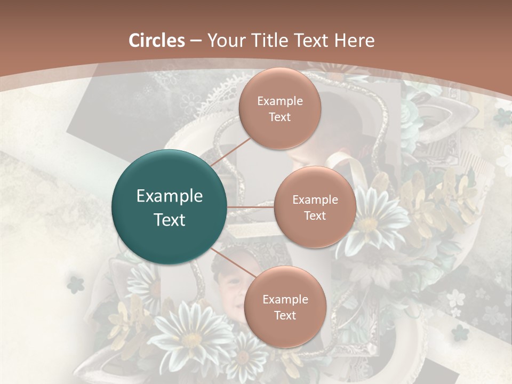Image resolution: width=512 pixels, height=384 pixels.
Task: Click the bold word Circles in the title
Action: pos(157,41)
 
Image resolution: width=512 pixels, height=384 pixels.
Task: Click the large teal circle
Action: pos(170,207)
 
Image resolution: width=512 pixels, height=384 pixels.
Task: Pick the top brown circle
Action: pos(279,108)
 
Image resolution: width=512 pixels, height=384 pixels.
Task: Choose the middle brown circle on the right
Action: pos(315,207)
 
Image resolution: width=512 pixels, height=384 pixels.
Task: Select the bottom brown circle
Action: pos(285,307)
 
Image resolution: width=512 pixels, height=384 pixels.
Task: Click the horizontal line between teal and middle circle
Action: pos(251,207)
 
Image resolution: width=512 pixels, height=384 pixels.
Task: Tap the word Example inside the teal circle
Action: pos(170,196)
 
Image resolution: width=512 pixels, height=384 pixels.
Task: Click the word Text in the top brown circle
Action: pos(279,117)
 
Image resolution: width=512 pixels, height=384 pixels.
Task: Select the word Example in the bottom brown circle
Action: pos(285,299)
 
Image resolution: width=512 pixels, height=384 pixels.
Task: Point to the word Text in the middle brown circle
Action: pos(315,216)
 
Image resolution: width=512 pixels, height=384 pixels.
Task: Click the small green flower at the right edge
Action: pos(460,333)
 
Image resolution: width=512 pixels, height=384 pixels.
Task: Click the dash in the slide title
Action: pos(196,41)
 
